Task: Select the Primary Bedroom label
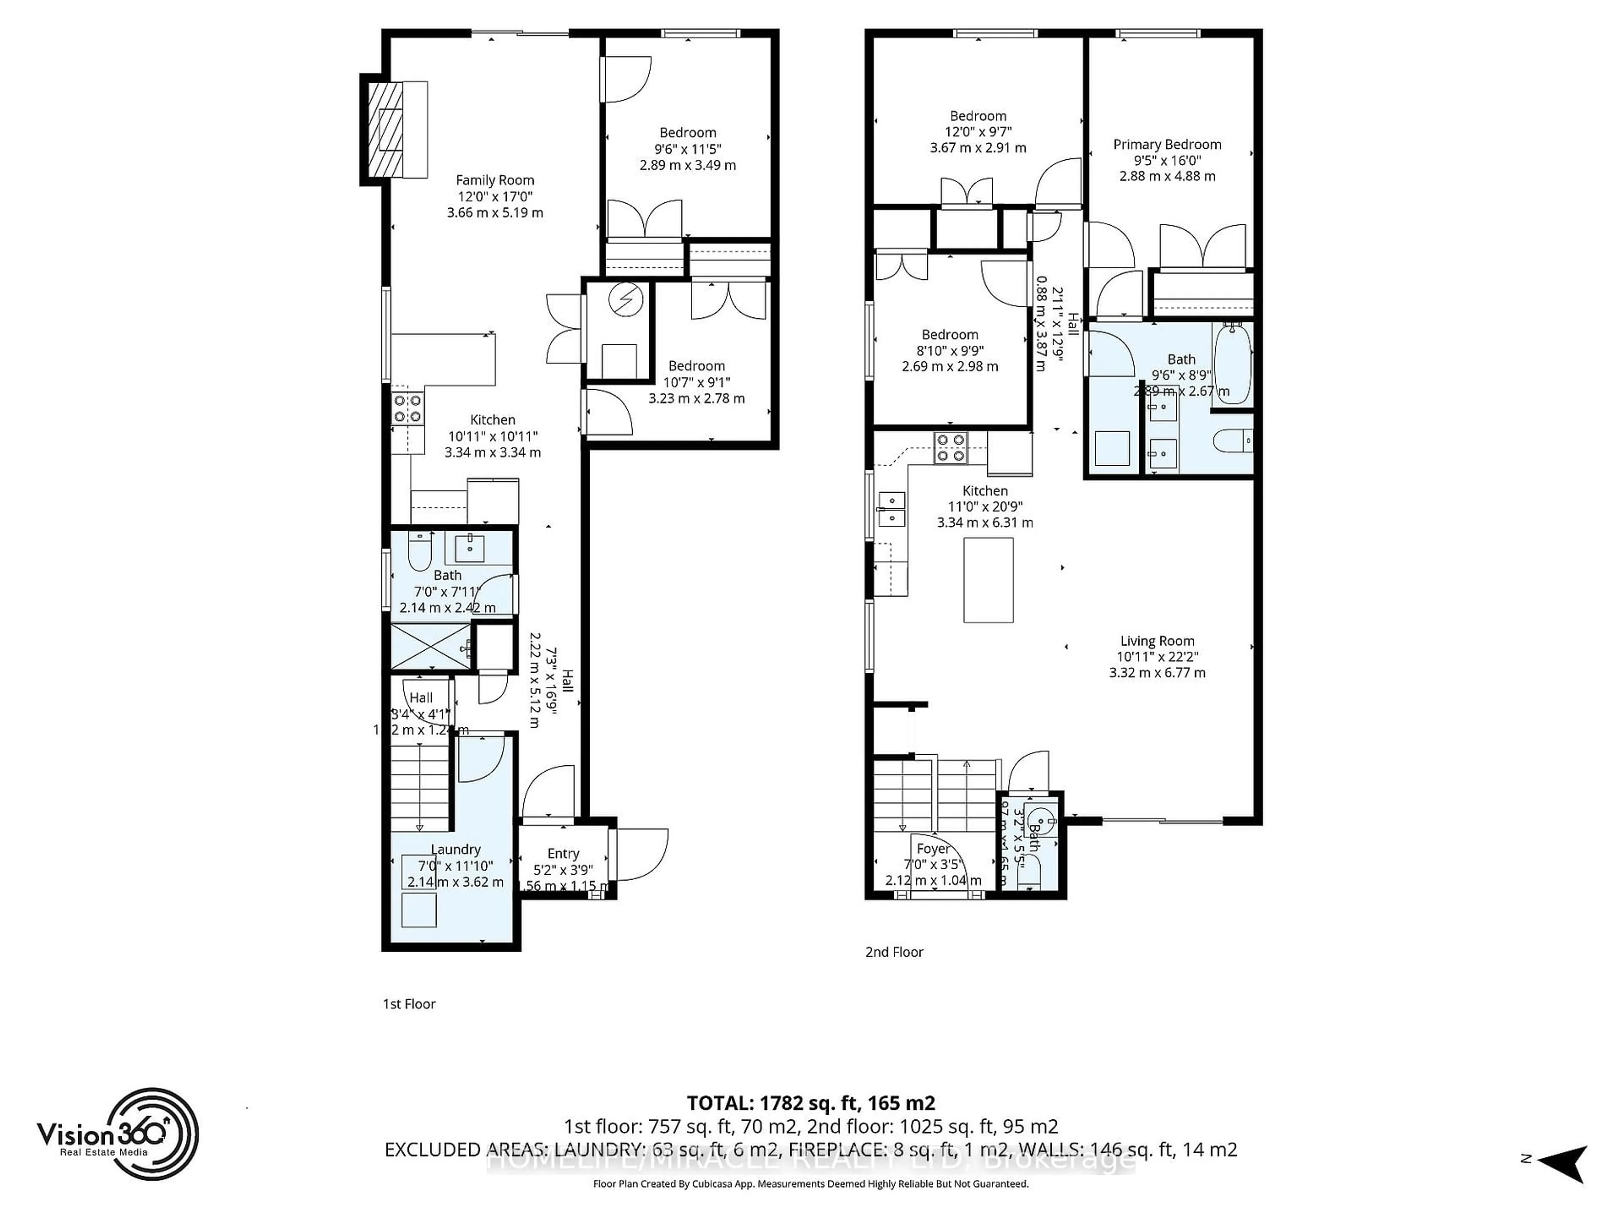[x=1167, y=145]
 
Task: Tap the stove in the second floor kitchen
[x=950, y=448]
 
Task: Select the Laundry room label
[x=455, y=849]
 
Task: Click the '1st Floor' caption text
[x=409, y=1004]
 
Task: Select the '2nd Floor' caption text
[x=894, y=952]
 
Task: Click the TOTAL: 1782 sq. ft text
[x=810, y=1102]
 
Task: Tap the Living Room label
[x=1157, y=641]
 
